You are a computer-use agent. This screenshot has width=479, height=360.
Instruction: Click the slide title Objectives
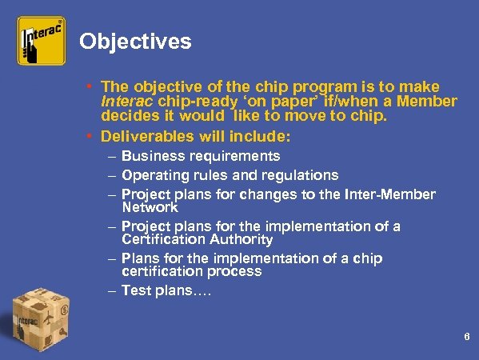coord(135,42)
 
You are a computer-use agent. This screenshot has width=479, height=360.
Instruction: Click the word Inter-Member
coord(389,194)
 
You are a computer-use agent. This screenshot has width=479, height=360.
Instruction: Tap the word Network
coord(150,207)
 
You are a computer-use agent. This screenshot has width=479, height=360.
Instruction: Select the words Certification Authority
coord(198,239)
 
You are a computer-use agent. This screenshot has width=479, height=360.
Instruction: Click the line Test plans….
coord(166,290)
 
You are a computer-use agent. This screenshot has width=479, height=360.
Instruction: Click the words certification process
coord(191,271)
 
